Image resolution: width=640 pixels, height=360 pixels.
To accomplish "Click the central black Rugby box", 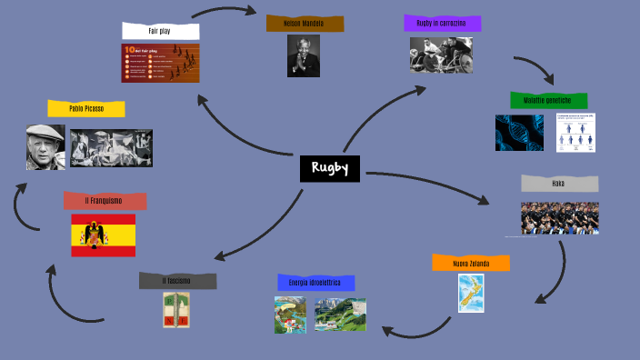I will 330,168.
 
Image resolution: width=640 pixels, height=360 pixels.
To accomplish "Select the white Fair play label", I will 160,31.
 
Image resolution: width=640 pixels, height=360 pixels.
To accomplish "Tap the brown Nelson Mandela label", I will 305,23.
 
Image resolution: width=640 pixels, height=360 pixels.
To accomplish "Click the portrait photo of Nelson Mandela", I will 304,55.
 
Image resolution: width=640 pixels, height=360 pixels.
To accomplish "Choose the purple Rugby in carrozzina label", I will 442,23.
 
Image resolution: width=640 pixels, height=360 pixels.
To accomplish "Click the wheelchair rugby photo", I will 440,55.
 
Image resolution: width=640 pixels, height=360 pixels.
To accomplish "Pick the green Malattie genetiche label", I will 548,100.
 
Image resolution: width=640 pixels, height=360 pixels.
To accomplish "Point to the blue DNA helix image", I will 519,133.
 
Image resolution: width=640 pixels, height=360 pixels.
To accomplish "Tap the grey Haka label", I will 559,183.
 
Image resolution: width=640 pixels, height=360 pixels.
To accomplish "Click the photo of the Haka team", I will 559,218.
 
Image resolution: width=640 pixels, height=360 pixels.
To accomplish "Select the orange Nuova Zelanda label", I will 471,264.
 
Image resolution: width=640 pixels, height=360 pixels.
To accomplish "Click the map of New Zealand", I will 471,294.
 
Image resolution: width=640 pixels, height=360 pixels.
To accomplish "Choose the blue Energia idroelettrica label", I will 315,283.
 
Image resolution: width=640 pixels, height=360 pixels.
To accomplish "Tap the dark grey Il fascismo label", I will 177,281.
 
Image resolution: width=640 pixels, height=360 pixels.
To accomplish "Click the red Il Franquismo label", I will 105,201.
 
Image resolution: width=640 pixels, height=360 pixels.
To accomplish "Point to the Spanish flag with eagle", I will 104,235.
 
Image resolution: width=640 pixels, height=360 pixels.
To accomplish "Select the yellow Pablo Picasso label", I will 86,109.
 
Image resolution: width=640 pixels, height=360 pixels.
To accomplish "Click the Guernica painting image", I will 111,148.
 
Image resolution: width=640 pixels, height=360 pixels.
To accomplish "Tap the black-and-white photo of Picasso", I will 45,147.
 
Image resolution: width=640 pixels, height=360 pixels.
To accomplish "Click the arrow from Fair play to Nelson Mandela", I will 224,10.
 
